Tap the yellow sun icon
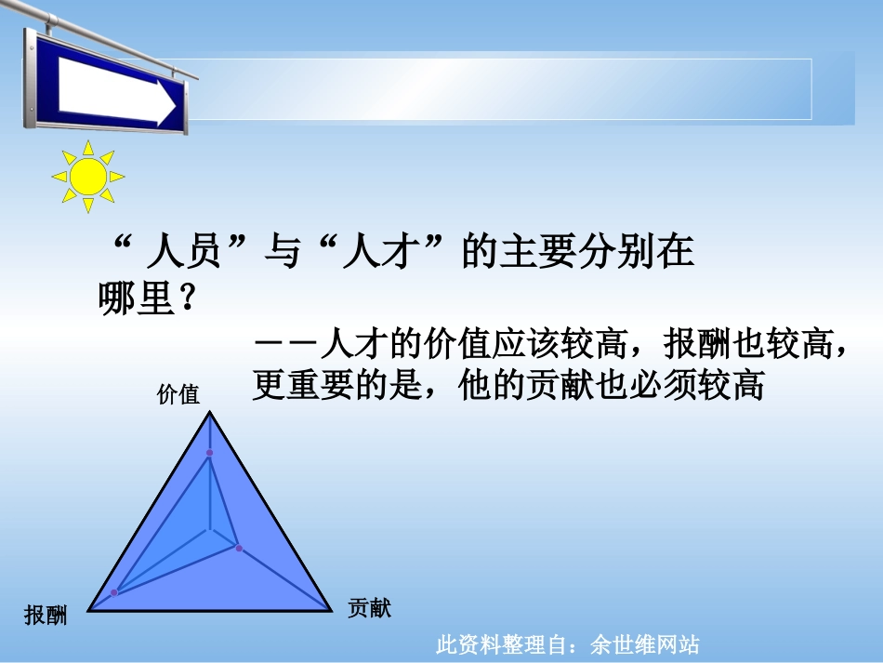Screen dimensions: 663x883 (88, 176)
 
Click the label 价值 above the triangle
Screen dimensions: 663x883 (178, 394)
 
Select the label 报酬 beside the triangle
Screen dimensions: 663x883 (46, 615)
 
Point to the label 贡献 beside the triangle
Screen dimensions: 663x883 (369, 609)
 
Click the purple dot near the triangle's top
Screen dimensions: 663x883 (209, 453)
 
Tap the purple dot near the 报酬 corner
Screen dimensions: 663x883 (114, 592)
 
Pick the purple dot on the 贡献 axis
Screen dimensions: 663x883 (239, 549)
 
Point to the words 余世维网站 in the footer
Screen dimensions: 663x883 (644, 644)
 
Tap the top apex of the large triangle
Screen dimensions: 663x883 (209, 412)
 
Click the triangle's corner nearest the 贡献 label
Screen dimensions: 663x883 (331, 610)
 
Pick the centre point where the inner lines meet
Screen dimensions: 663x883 (209, 531)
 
